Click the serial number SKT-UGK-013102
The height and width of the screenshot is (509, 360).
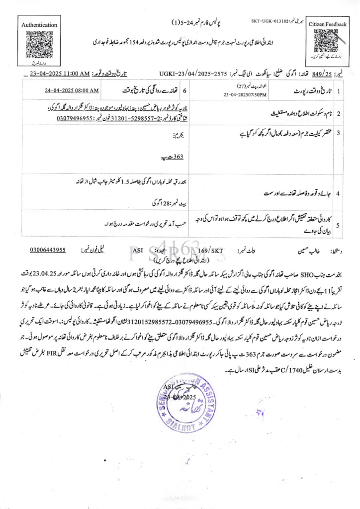click(269, 21)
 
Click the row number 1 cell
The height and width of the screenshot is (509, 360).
click(338, 91)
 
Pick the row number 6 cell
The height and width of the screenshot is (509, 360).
click(185, 91)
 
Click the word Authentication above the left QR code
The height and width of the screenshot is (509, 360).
click(39, 24)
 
